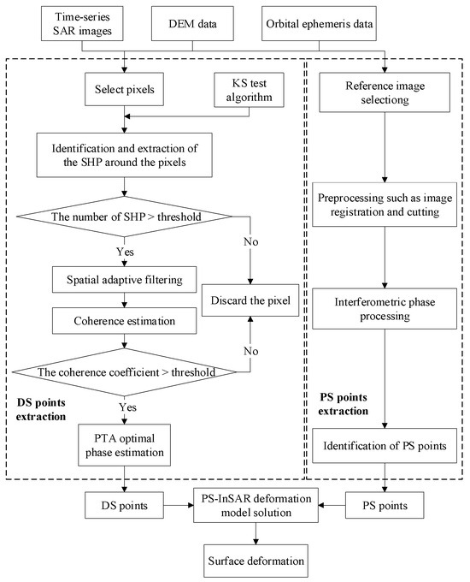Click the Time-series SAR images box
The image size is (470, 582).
click(x=82, y=23)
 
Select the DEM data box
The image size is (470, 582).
click(x=192, y=23)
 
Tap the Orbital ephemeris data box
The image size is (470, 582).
click(x=319, y=23)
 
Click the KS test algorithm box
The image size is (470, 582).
click(x=249, y=90)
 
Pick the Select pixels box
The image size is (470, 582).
click(x=124, y=89)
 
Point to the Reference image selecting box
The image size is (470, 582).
click(x=385, y=92)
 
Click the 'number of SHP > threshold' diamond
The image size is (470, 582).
click(x=125, y=217)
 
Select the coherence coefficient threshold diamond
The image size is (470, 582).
click(x=125, y=372)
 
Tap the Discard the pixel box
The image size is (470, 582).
click(x=250, y=300)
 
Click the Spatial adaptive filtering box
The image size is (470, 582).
click(x=124, y=280)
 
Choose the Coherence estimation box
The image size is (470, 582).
click(x=124, y=321)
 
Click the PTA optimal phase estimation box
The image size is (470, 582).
click(x=124, y=445)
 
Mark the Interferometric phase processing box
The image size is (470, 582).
click(x=385, y=309)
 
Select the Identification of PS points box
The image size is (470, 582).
click(x=385, y=445)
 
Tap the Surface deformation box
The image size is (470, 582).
click(x=256, y=561)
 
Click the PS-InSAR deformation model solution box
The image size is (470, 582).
click(x=256, y=505)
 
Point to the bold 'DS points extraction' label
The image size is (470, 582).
click(x=41, y=409)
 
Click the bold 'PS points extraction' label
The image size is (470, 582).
click(x=344, y=404)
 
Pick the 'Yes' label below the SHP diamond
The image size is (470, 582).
click(x=125, y=252)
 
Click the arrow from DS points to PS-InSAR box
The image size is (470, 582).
click(x=179, y=505)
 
